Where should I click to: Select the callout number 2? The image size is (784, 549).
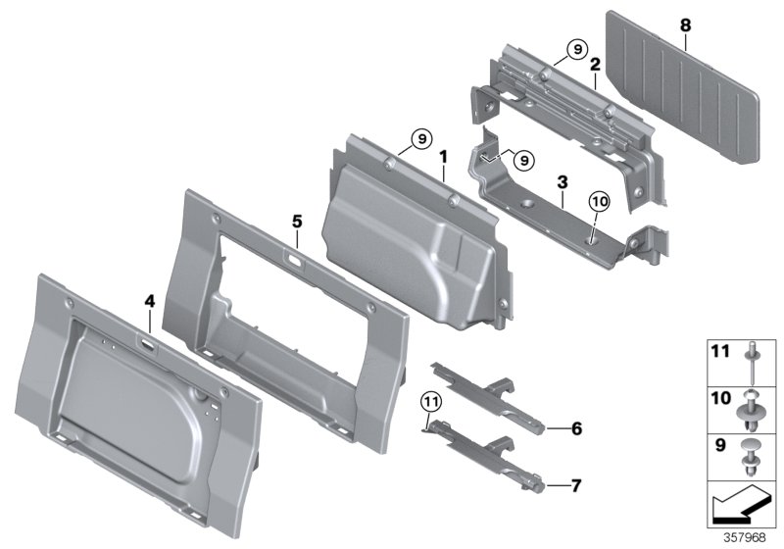coord(595,64)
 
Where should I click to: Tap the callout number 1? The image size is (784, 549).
coord(443,156)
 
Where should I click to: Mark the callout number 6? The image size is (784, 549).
coord(577,427)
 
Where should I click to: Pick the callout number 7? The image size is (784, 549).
coord(577,485)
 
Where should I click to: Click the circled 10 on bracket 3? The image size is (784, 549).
coord(599,202)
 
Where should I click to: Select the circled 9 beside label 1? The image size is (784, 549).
coord(419,141)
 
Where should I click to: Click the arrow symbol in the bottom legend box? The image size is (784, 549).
coord(740,504)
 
